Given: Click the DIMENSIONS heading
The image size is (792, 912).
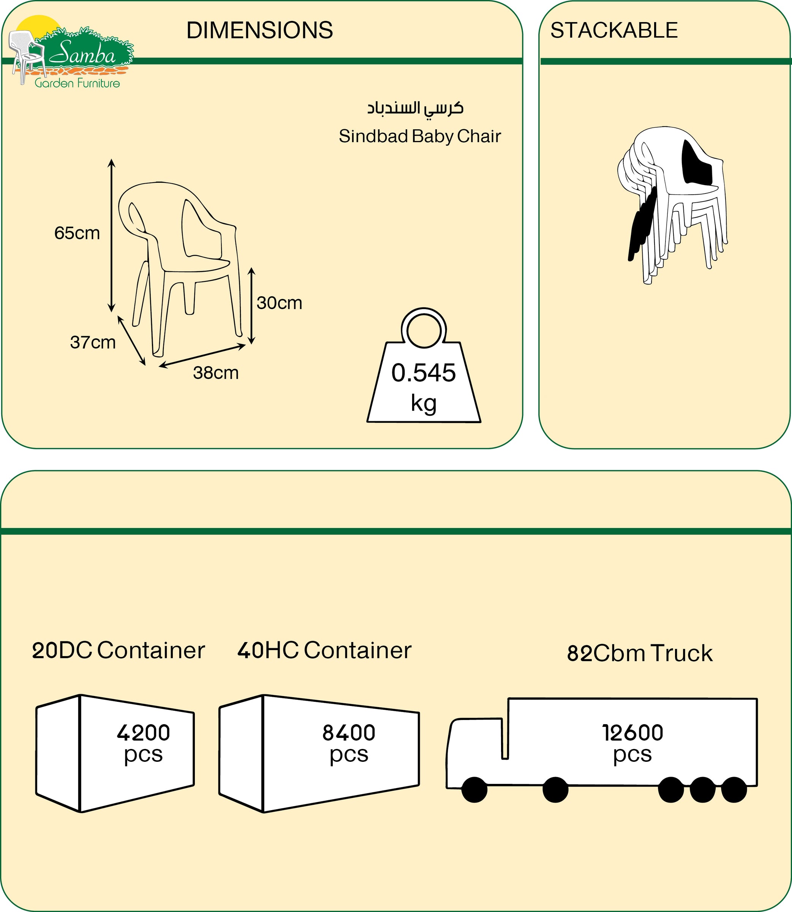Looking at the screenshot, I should tap(259, 30).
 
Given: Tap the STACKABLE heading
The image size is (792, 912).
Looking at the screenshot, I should tap(614, 30).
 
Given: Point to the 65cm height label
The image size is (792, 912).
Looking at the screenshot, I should tap(77, 233).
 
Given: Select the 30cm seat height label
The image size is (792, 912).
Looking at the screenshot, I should tap(279, 303).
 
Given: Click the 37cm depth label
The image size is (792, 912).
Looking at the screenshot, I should tap(93, 342).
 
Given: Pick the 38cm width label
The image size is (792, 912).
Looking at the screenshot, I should tap(216, 373).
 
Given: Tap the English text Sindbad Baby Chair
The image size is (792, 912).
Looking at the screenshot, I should tap(420, 136).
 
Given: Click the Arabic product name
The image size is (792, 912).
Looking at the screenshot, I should tap(416, 108).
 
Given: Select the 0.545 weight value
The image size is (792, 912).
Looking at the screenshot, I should tap(424, 373).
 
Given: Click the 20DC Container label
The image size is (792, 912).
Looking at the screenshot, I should tap(119, 650).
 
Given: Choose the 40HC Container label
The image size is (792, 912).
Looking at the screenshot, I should tap(324, 650).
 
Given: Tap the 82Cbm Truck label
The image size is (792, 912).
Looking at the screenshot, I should tap(640, 653).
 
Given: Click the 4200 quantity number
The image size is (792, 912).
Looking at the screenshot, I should tap(143, 733).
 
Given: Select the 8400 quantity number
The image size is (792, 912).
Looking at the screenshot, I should tap(349, 733).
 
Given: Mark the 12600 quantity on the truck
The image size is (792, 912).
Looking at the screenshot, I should tap(632, 733).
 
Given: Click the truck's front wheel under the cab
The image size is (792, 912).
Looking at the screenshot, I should tap(474, 790).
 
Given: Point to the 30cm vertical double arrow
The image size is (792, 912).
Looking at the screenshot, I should tap(251, 306).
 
